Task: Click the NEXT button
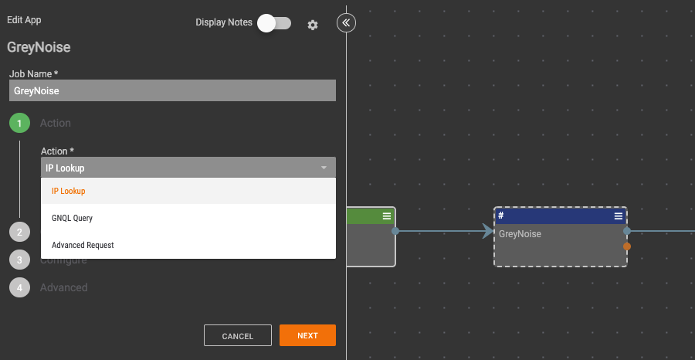click(x=307, y=335)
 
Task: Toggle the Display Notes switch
click(x=274, y=23)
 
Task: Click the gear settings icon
click(x=313, y=25)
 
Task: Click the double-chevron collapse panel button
click(x=346, y=23)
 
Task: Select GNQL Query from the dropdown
click(x=72, y=218)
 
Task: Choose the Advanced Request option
click(x=83, y=245)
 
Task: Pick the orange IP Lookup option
click(x=68, y=191)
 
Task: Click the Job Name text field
click(x=172, y=90)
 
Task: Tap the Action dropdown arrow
click(x=324, y=168)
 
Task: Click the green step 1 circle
click(x=19, y=123)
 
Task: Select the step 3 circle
click(x=19, y=260)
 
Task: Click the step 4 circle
click(x=19, y=287)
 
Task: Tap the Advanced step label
click(x=64, y=287)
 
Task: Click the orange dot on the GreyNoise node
click(x=627, y=246)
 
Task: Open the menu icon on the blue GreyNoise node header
click(x=619, y=216)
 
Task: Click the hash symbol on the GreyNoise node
click(x=501, y=216)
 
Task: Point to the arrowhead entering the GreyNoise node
click(x=488, y=231)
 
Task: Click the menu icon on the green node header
click(x=387, y=216)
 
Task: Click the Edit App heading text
click(x=25, y=20)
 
